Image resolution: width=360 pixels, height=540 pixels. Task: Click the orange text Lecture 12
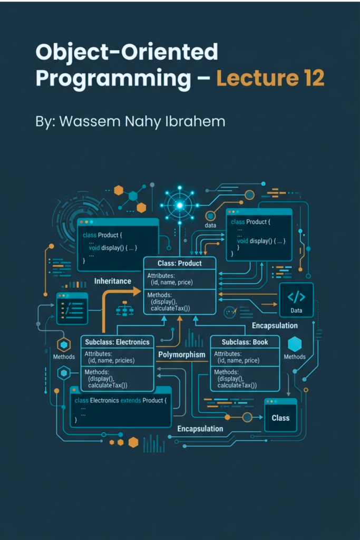coord(270,78)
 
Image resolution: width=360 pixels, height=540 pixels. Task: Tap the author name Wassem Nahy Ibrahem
coord(142,122)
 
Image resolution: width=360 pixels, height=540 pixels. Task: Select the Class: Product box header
coord(180,263)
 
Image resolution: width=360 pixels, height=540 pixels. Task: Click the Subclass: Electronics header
coord(118,342)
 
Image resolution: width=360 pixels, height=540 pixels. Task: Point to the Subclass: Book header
coord(245,342)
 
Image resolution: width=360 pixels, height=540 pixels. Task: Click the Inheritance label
coord(113,281)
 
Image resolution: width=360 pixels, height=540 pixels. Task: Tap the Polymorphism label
coord(182,355)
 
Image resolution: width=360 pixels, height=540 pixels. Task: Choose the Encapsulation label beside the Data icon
coord(275,325)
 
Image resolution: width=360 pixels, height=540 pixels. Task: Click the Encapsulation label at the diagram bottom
coord(200,429)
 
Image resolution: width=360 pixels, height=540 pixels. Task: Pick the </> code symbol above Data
coord(296,296)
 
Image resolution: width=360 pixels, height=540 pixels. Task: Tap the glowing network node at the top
coord(180,206)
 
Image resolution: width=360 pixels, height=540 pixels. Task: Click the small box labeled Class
coord(280,415)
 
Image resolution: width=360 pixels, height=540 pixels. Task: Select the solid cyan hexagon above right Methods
coord(295,344)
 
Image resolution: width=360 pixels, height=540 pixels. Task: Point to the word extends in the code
coord(131,401)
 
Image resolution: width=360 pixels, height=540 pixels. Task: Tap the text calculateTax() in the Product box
coord(170,308)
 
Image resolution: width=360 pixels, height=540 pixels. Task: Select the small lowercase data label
coord(210,225)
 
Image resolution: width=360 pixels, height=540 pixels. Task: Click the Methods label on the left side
coord(64,357)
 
